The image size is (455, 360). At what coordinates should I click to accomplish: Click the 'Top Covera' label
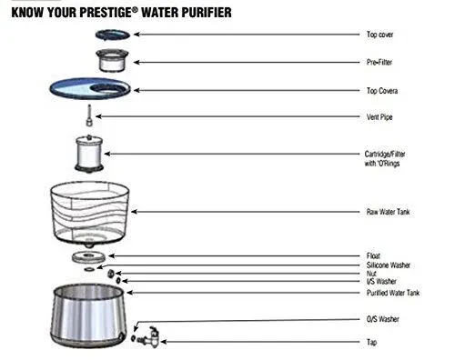[x=380, y=90]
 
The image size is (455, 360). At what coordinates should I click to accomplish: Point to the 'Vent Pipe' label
[x=378, y=117]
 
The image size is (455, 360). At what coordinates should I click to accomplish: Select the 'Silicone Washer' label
[x=387, y=265]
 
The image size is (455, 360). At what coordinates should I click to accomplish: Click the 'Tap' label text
[x=369, y=342]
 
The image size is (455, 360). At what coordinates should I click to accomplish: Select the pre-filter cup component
[x=114, y=64]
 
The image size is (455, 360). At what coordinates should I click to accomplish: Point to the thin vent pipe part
[x=90, y=116]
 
